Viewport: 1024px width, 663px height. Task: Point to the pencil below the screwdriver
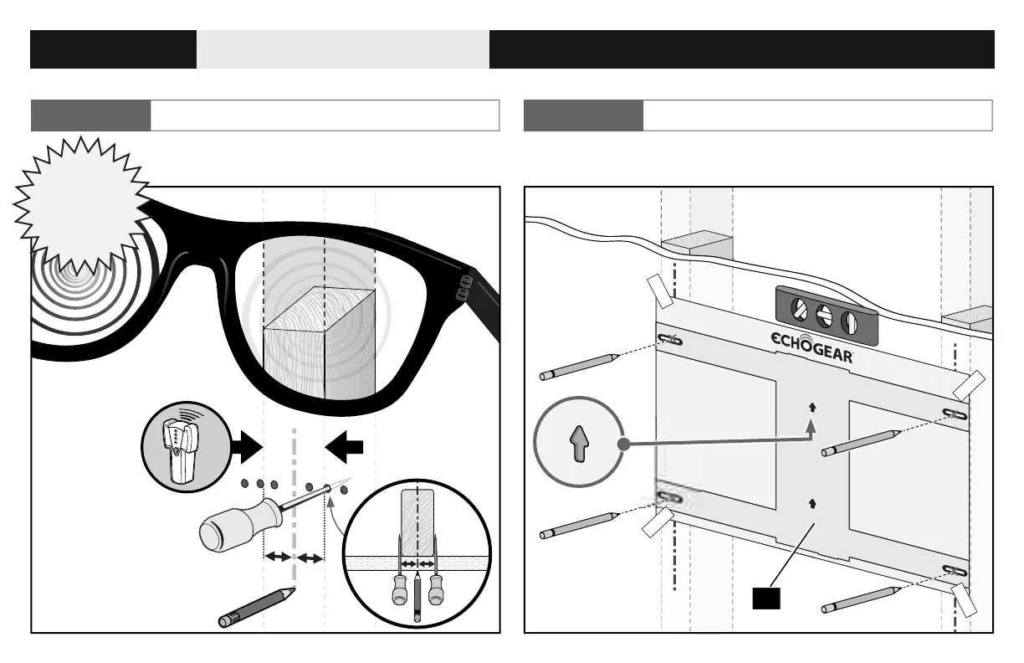pos(256,608)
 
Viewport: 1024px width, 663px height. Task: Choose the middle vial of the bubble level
pos(824,316)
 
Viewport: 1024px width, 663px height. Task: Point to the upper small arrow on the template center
pos(812,408)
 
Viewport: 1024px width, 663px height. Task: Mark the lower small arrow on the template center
pos(812,503)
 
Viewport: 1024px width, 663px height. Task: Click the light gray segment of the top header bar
pos(343,49)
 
